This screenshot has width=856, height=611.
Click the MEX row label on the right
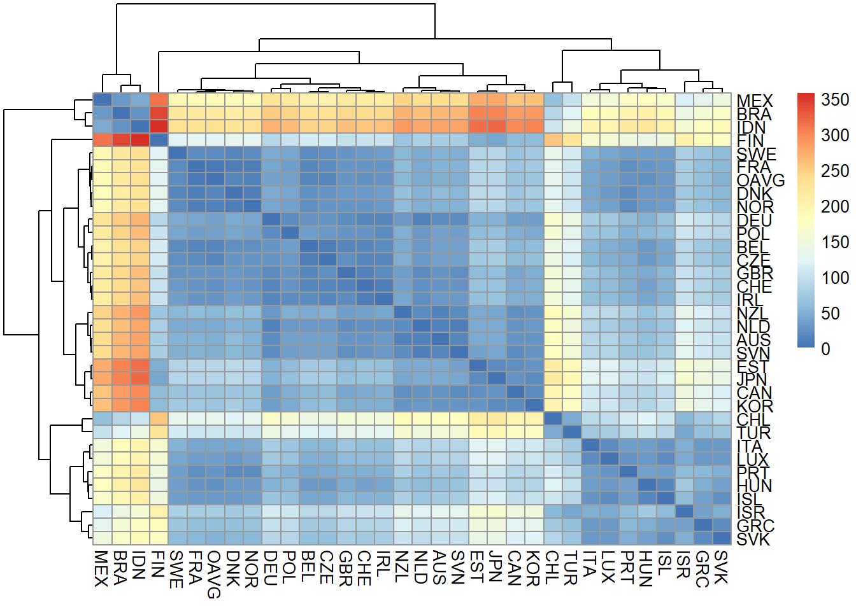click(x=754, y=101)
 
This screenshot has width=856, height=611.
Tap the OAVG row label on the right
click(x=760, y=180)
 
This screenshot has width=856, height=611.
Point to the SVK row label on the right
click(x=753, y=539)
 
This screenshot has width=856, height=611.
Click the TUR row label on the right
click(x=753, y=433)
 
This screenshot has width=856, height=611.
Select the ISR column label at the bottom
click(x=683, y=565)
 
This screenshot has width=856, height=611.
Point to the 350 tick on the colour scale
click(x=835, y=100)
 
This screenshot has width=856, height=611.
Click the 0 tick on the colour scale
click(x=826, y=349)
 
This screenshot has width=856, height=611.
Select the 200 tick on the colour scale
click(x=835, y=206)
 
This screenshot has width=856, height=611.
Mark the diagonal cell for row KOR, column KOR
click(x=534, y=405)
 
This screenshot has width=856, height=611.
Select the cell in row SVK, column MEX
click(x=103, y=538)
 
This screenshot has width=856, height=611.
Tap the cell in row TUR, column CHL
click(x=553, y=432)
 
